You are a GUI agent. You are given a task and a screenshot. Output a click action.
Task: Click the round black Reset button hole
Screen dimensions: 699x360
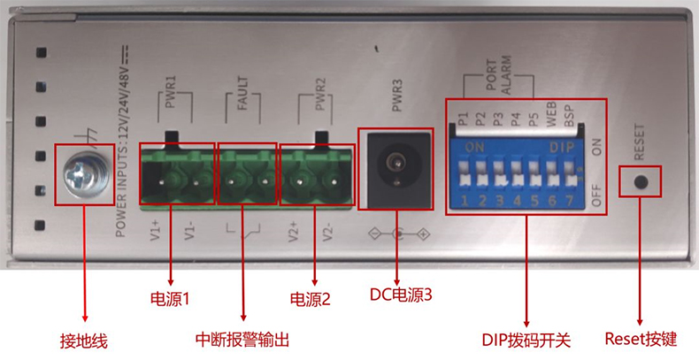641,183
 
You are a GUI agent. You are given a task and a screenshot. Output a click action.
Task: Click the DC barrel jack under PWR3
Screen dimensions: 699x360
395,168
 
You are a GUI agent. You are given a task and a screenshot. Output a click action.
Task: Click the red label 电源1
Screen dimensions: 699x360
170,299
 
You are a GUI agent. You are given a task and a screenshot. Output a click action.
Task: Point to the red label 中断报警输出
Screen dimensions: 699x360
242,341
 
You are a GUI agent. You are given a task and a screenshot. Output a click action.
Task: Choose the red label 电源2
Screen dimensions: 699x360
310,299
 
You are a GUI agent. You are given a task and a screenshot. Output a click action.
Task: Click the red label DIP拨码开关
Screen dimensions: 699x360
526,341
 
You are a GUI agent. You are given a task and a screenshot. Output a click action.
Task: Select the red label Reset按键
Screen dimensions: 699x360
641,339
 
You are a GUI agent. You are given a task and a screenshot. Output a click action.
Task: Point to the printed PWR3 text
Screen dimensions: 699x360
396,99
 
